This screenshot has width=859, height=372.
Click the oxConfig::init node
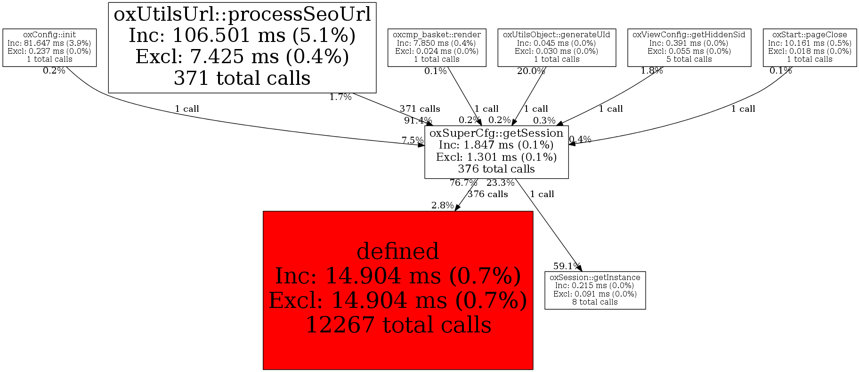click(49, 47)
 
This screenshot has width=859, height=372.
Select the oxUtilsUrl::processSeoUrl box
click(242, 47)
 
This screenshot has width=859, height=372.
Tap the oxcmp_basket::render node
click(437, 47)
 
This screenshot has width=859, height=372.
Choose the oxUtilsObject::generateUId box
click(556, 47)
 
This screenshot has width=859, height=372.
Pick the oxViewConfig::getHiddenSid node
click(689, 47)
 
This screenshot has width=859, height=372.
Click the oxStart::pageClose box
click(810, 47)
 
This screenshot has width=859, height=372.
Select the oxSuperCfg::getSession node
click(496, 151)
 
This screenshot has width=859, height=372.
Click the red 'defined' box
click(397, 289)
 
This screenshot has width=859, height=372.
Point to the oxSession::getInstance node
click(595, 290)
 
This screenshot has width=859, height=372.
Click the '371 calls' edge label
click(420, 109)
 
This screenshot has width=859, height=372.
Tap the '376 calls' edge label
click(487, 194)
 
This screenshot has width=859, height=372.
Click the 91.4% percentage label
click(418, 121)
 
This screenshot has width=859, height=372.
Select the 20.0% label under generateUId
click(531, 71)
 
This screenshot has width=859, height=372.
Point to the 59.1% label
click(567, 266)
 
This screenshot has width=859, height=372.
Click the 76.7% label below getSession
click(463, 183)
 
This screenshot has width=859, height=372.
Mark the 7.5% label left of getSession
click(412, 140)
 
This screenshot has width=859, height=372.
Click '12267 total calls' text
click(398, 325)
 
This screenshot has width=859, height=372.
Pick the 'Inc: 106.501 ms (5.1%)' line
click(242, 35)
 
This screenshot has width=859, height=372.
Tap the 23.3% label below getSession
click(500, 183)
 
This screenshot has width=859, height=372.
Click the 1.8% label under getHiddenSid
click(651, 71)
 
